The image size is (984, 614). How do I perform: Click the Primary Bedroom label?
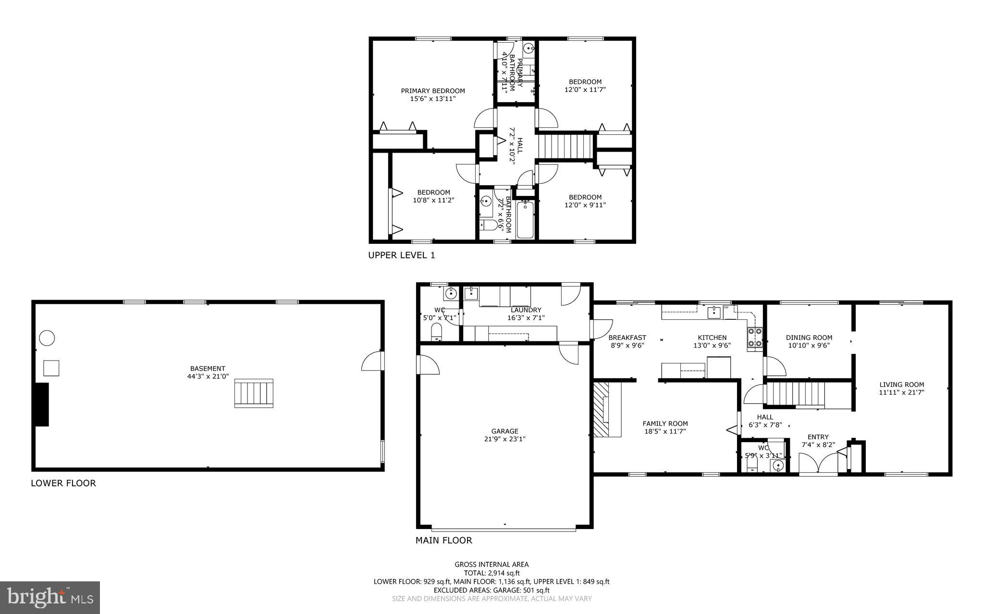coord(433,91)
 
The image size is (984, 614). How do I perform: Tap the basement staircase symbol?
coord(254,393)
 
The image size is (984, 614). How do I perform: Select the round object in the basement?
coord(47,338)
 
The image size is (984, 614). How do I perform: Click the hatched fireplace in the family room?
coord(602,409)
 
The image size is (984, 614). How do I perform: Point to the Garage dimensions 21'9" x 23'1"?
coord(504,439)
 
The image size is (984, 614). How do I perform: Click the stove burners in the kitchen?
coord(754,337)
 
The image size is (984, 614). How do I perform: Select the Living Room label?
coord(901,385)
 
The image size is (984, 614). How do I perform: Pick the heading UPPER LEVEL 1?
coord(401,255)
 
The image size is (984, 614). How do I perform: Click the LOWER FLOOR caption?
coord(63,483)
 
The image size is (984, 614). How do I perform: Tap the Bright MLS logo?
coord(50,597)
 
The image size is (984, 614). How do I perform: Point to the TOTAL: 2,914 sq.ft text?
coord(492,573)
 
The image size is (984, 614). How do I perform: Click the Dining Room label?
coord(809,337)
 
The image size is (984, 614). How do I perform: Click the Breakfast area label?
coord(627,337)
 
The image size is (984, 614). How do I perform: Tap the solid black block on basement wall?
coord(42,404)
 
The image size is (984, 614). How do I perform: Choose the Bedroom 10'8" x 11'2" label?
coord(433,193)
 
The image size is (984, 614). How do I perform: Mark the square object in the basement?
coord(51,368)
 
